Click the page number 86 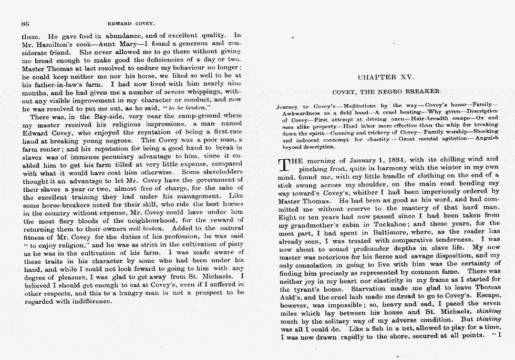24,23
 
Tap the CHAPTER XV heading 385,77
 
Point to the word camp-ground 194,116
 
